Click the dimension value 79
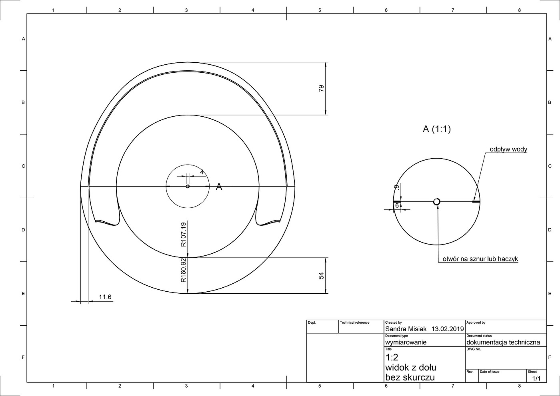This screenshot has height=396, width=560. pos(321,88)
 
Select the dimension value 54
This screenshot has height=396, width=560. pos(321,275)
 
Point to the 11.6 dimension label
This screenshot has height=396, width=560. pos(105,297)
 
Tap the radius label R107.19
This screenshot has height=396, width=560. pos(184,235)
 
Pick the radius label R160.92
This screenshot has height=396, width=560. pos(184,270)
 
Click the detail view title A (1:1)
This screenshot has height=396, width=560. pos(436,129)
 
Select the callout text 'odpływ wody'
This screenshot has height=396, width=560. pos(508,149)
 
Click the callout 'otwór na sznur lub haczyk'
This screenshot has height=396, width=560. pos(480,259)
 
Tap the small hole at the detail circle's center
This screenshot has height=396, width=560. pos(436,201)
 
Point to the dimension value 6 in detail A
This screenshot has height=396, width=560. pos(397,205)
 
